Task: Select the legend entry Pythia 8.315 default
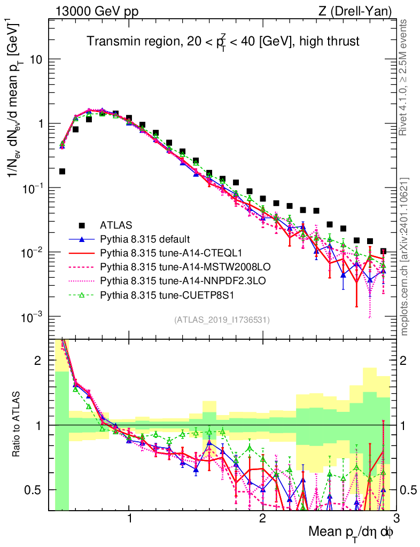click(x=145, y=238)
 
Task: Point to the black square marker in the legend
click(x=82, y=225)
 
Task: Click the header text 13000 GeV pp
click(x=96, y=11)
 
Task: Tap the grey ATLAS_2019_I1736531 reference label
click(x=222, y=320)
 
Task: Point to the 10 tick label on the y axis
click(x=36, y=59)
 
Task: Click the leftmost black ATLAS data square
click(x=62, y=171)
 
